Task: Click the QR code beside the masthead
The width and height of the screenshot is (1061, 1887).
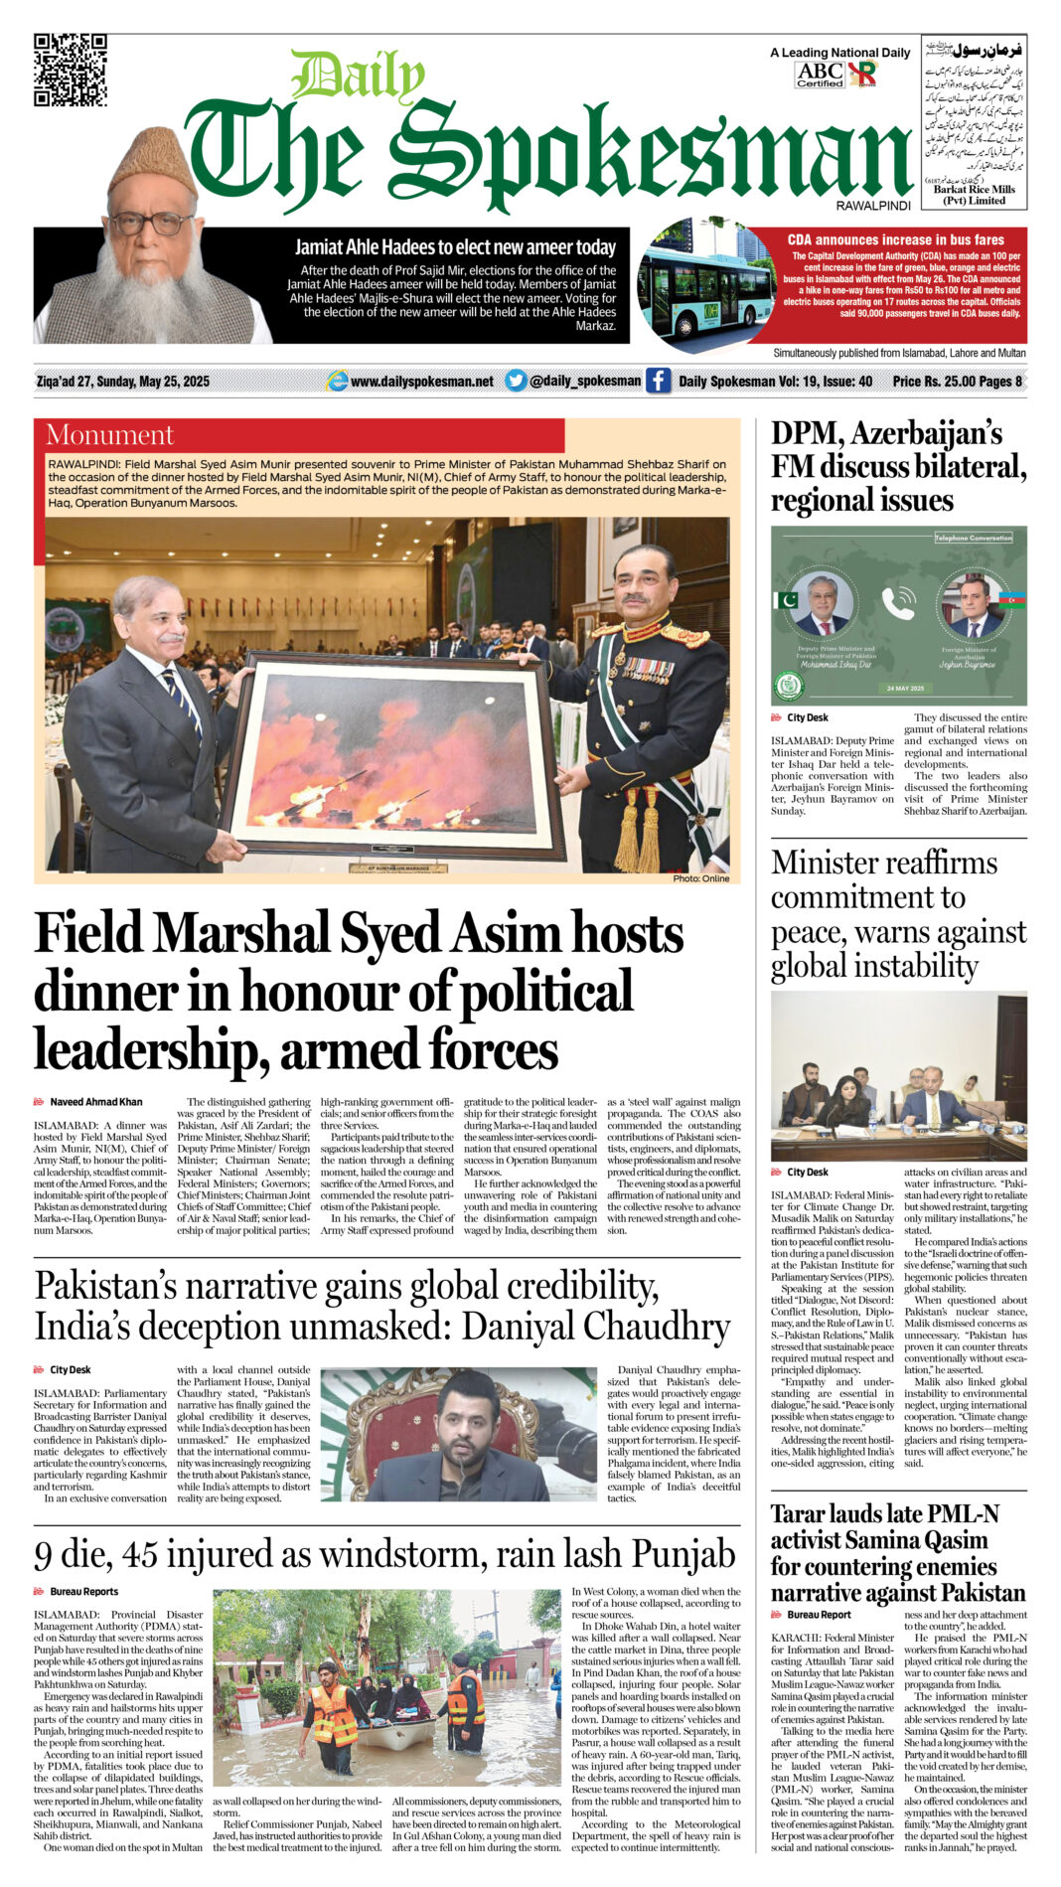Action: tap(70, 70)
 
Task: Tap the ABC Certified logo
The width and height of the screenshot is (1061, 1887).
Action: tap(820, 75)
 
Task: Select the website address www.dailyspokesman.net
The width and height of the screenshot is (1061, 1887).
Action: tap(421, 381)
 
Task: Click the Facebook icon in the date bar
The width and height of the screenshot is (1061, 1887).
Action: tap(658, 381)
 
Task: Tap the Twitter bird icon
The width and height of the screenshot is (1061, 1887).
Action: tap(516, 381)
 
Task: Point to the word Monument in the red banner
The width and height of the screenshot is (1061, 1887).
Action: tap(109, 435)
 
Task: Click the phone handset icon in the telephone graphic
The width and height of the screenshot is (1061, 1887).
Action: tap(898, 602)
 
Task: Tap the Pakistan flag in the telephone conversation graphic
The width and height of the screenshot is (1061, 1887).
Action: tap(786, 600)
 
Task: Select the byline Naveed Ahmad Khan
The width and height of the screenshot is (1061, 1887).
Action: tap(95, 1102)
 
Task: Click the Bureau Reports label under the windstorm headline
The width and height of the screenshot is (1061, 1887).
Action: tap(83, 1592)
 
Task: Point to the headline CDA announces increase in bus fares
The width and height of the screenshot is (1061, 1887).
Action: tap(895, 239)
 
